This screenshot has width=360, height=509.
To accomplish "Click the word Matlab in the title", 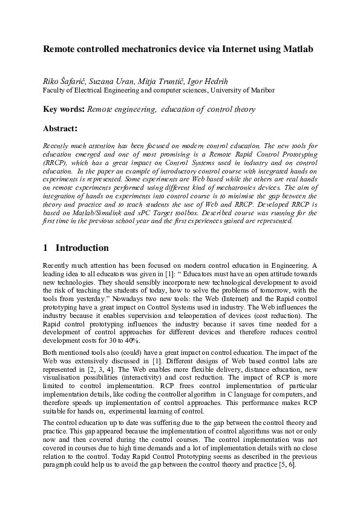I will coord(298,48).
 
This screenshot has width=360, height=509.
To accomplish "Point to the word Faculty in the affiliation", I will coord(55,91).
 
